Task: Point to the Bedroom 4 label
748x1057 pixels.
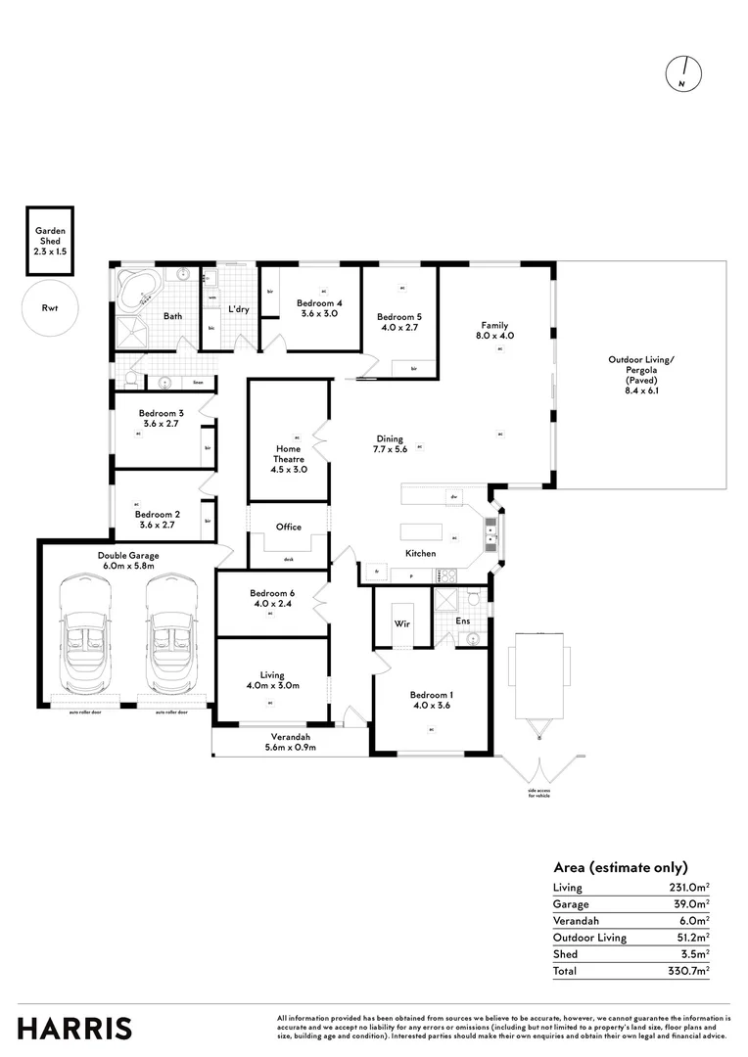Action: point(318,302)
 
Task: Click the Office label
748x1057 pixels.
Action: point(289,527)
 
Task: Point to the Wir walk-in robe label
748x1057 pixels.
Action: point(401,622)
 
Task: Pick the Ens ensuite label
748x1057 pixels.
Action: point(463,620)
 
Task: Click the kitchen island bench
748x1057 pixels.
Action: point(421,531)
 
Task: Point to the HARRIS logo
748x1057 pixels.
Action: point(75,1029)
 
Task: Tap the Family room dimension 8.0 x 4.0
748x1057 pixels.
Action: point(495,336)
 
